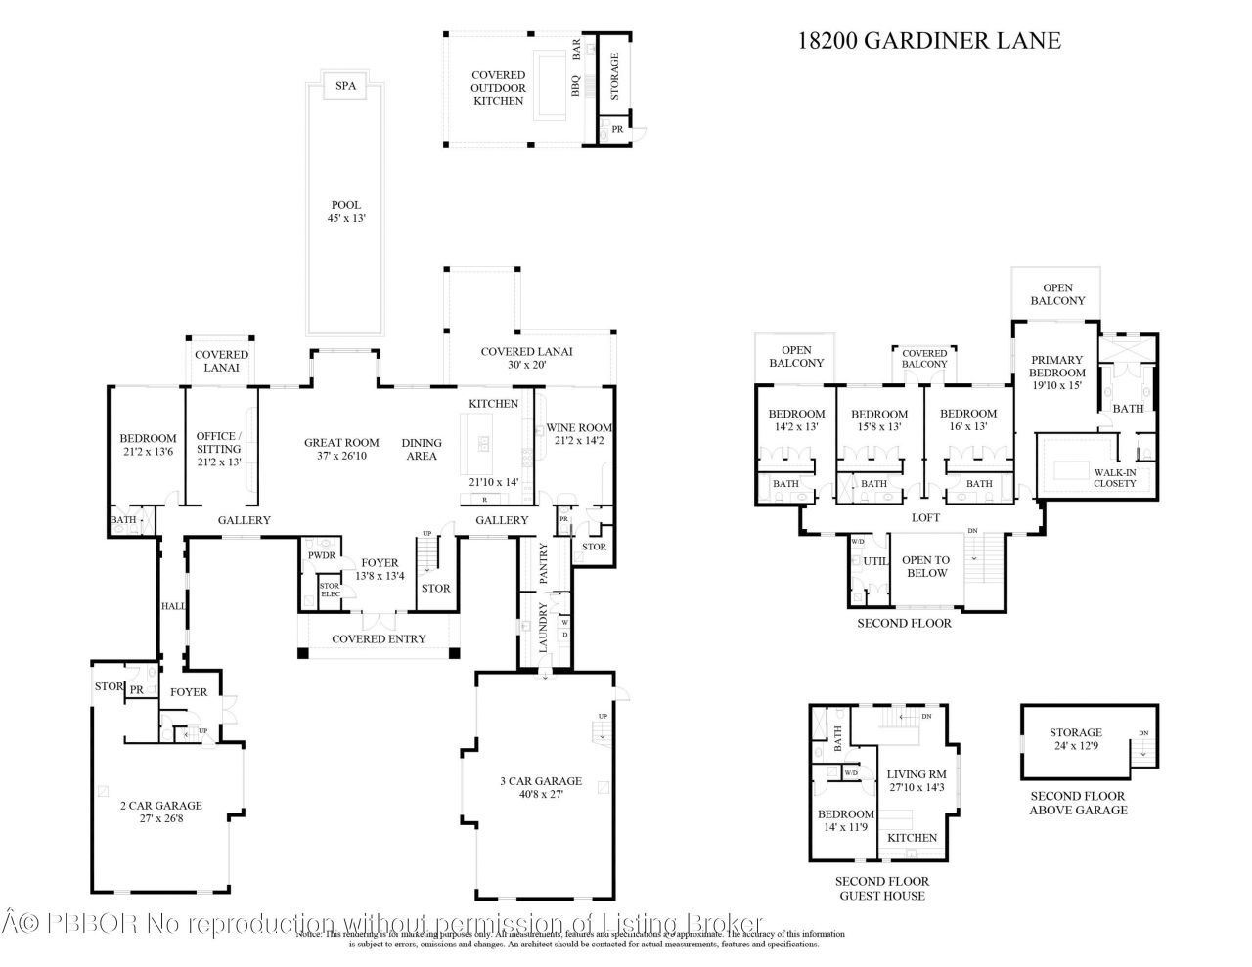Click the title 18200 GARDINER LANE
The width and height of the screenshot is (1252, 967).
pyautogui.click(x=928, y=40)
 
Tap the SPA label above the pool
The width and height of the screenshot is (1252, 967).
pyautogui.click(x=345, y=86)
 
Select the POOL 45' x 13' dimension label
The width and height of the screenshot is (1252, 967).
pyautogui.click(x=345, y=212)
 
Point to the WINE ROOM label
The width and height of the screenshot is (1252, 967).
pyautogui.click(x=579, y=427)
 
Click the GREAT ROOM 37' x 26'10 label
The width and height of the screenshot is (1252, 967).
pyautogui.click(x=341, y=449)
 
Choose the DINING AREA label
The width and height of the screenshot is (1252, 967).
pyautogui.click(x=422, y=449)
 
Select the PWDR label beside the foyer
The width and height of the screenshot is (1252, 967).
pyautogui.click(x=322, y=555)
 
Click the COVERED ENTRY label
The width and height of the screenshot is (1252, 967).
pyautogui.click(x=379, y=638)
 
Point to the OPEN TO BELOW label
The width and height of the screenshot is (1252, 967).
pyautogui.click(x=925, y=566)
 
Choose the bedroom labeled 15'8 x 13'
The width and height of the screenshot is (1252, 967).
pyautogui.click(x=878, y=419)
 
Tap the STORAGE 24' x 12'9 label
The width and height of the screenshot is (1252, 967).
pyautogui.click(x=1076, y=738)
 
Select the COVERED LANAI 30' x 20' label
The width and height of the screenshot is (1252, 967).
pyautogui.click(x=526, y=358)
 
